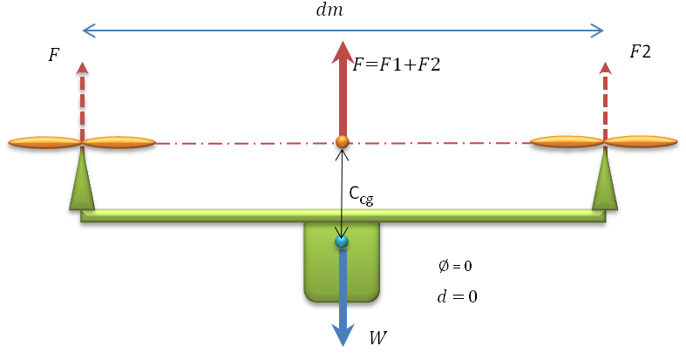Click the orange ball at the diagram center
point(342,141)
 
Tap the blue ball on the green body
point(342,241)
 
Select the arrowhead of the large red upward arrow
point(343,52)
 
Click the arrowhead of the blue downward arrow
point(343,335)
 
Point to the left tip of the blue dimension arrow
point(85,31)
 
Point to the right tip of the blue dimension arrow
point(601,31)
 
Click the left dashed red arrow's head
point(82,67)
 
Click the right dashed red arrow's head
point(605,67)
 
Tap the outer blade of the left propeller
point(44,142)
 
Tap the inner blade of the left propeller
point(119,142)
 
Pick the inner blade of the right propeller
point(567,141)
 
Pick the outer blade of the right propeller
point(641,141)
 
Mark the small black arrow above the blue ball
point(342,223)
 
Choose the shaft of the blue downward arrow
point(343,288)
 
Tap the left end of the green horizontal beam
point(87,215)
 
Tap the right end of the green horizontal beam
point(599,215)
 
